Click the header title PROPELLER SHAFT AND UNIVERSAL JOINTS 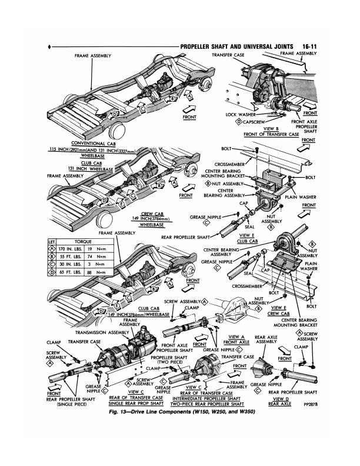(x=238, y=45)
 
